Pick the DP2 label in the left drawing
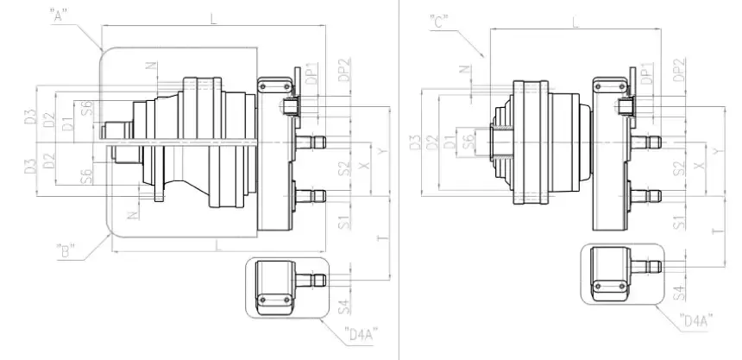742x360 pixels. pos(343,71)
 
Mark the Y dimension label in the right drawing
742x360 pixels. pos(718,153)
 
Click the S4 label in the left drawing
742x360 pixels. pos(343,304)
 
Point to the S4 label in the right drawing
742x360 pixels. pos(678,292)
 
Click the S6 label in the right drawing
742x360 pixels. pos(467,141)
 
